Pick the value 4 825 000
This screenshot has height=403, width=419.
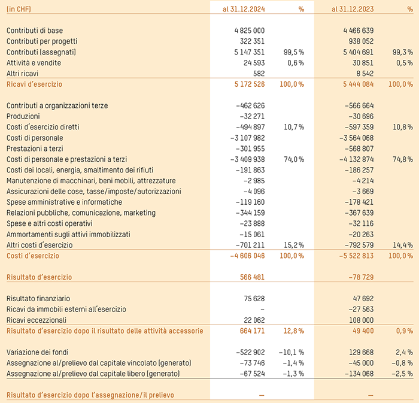coord(249,30)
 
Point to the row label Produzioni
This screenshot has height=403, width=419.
coord(23,116)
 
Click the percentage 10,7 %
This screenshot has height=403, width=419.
coord(293,127)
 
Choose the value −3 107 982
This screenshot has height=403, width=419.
coord(247,138)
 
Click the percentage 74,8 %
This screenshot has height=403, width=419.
coord(402,159)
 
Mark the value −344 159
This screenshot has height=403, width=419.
coord(250,213)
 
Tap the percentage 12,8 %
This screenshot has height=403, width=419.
coord(293,331)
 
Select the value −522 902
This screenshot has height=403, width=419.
coord(250,352)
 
